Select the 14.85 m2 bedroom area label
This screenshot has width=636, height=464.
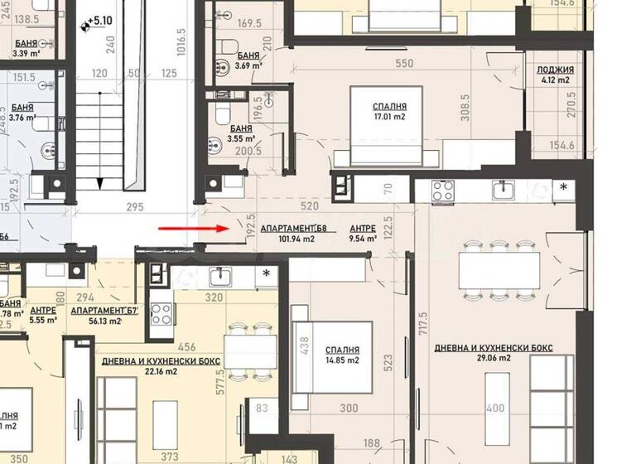tap(341, 360)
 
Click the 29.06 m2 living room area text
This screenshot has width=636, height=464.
tap(493, 359)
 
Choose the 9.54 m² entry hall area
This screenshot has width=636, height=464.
tap(363, 239)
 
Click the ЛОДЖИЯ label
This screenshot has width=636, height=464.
tap(552, 70)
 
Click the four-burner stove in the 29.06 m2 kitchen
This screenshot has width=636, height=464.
tap(442, 192)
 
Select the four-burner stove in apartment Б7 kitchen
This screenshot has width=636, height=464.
tap(161, 314)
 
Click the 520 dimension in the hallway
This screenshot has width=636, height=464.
tap(311, 205)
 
